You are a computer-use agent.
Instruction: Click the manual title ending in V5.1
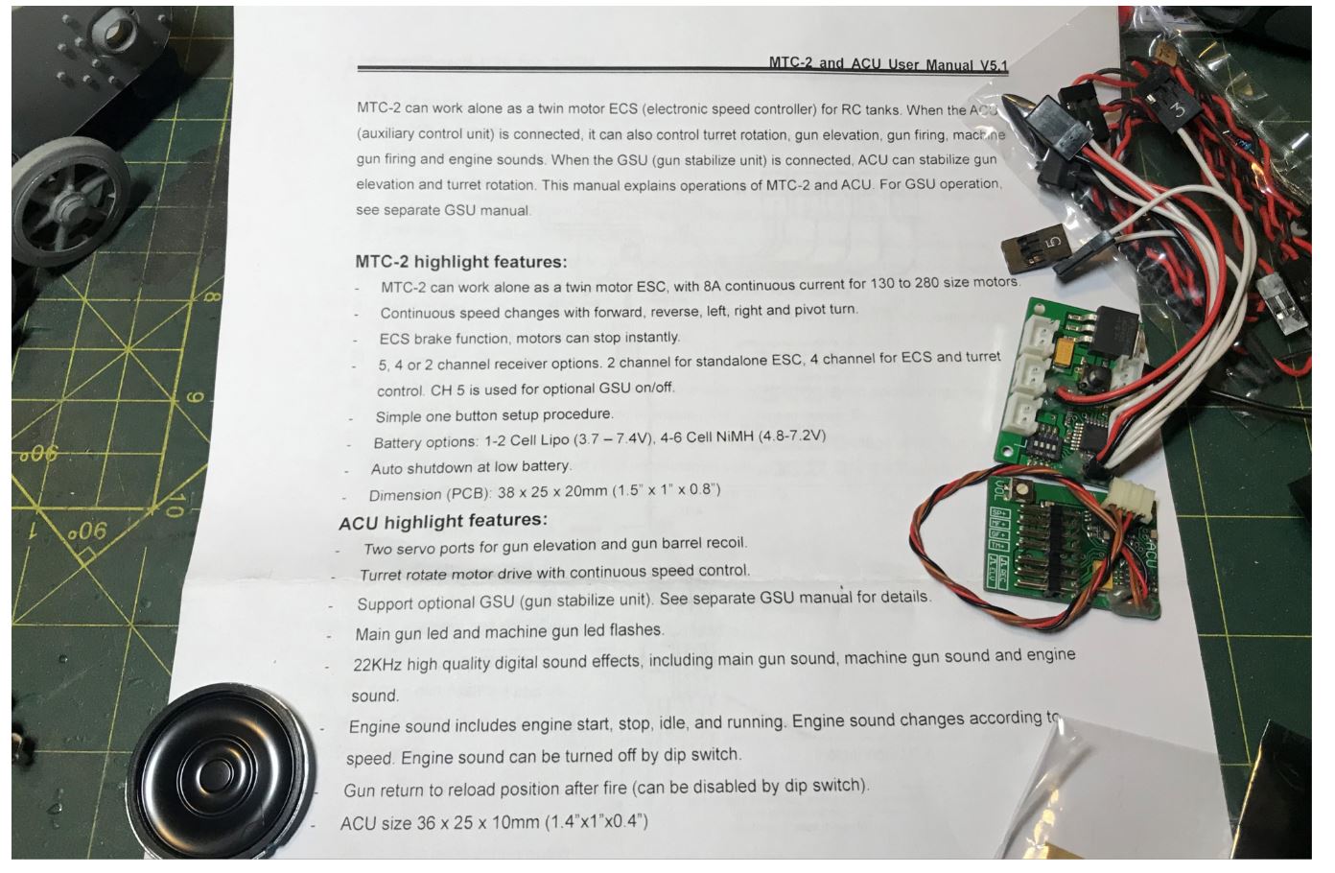coord(888,64)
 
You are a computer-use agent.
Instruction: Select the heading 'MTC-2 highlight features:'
coord(460,262)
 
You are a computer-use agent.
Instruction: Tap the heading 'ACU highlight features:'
coord(443,521)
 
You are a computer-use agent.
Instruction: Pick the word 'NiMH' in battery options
coord(735,437)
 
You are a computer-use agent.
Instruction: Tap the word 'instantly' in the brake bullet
coord(651,337)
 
